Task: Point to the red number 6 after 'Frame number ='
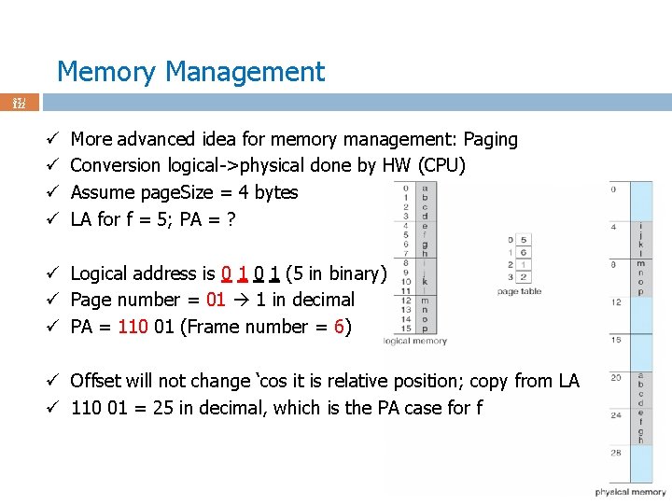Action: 339,327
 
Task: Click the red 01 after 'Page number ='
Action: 216,300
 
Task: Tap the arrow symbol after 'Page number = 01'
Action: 241,300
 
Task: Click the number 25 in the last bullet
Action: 164,408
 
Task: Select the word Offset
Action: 99,381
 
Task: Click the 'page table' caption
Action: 519,292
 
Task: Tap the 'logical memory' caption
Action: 415,342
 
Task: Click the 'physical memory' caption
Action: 630,492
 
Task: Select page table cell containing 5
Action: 523,240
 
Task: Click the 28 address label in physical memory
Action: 617,452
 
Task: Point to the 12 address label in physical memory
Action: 617,302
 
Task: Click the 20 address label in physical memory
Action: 617,377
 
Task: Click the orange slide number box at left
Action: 19,102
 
